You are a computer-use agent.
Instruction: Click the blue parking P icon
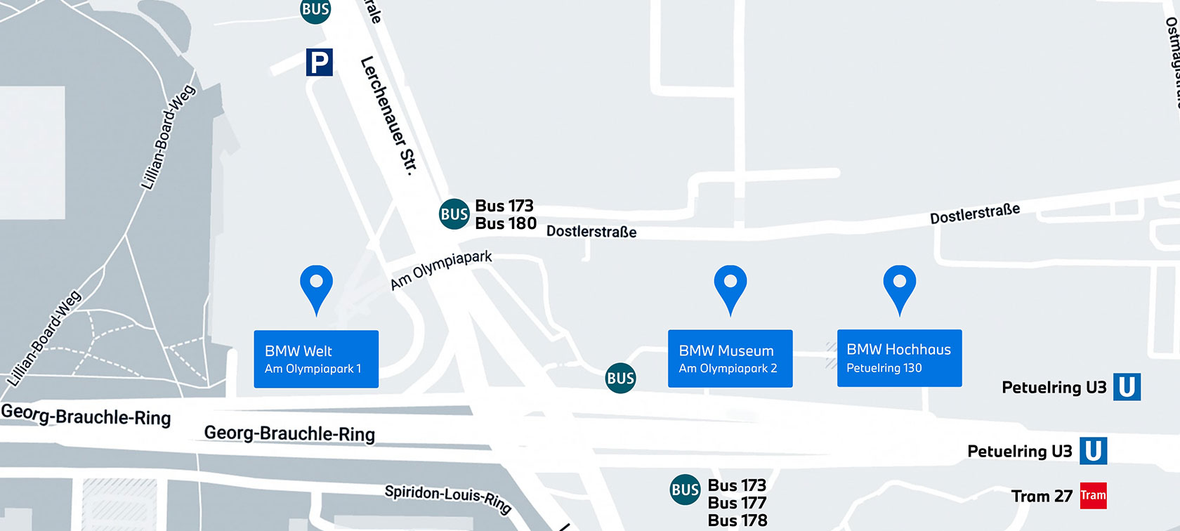(319, 63)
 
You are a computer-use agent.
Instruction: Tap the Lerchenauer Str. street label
(388, 115)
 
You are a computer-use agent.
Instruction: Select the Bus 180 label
(506, 223)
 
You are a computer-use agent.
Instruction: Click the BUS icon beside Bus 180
(454, 214)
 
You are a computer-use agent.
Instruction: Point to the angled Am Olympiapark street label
(441, 270)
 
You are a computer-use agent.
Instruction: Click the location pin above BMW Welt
(316, 287)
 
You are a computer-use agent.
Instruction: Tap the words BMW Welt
(299, 351)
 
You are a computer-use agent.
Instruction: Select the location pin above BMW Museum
(730, 287)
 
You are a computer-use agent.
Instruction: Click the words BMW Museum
(726, 350)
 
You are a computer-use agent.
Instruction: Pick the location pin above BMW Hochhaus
(899, 287)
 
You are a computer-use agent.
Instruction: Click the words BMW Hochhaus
(898, 350)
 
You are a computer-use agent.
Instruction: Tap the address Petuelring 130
(884, 368)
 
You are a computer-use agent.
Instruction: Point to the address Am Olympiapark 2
(728, 369)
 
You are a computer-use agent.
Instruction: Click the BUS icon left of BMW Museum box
(620, 379)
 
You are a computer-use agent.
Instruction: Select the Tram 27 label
(1042, 497)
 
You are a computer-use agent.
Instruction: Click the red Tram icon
(1093, 496)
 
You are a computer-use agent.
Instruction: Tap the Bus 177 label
(737, 503)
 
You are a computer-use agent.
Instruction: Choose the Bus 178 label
(737, 520)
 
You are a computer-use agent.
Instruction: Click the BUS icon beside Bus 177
(685, 490)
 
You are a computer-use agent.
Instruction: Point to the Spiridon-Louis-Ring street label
(447, 498)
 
